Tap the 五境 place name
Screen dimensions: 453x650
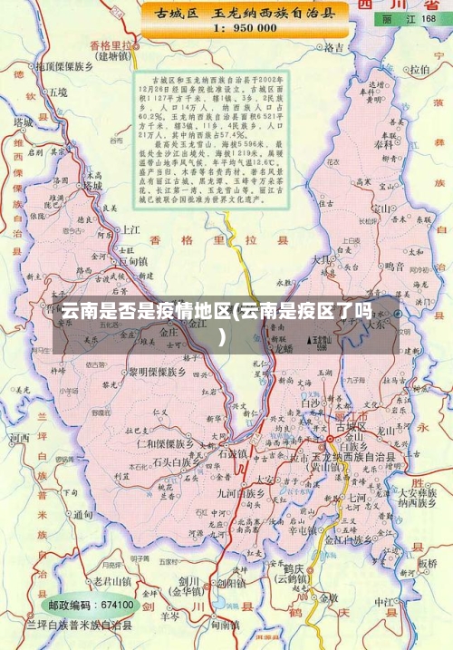coord(58,92)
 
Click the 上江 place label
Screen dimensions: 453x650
coord(130,229)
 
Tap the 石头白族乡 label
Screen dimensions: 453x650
coord(174,461)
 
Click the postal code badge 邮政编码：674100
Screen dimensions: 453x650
coord(91,605)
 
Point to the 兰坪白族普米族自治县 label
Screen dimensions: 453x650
coord(80,626)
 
